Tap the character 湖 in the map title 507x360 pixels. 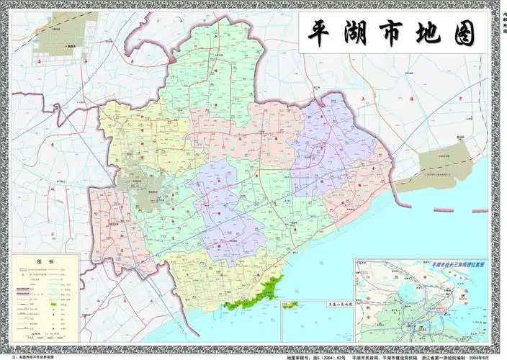[x=365, y=32]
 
